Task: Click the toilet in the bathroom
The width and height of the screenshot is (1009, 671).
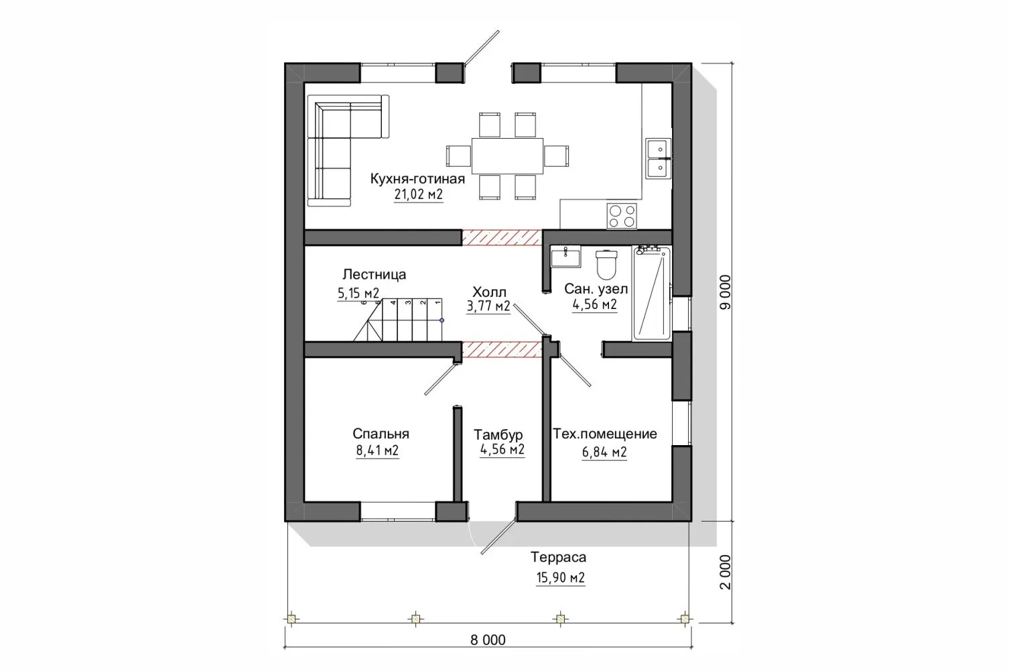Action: pyautogui.click(x=606, y=265)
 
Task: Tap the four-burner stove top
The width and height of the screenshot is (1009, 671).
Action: pyautogui.click(x=622, y=216)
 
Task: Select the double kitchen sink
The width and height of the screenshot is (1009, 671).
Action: pyautogui.click(x=658, y=159)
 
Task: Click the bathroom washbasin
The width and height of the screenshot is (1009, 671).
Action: pyautogui.click(x=565, y=257)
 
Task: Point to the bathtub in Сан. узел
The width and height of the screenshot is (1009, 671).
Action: pyautogui.click(x=651, y=293)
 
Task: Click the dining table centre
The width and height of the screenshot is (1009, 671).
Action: pyautogui.click(x=507, y=156)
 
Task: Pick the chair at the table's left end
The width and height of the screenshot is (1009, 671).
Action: pyautogui.click(x=459, y=156)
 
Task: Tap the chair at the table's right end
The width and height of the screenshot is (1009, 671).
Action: pyautogui.click(x=556, y=156)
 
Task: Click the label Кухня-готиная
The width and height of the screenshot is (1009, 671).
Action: pyautogui.click(x=417, y=179)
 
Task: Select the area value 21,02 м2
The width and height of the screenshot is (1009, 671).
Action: pyautogui.click(x=419, y=194)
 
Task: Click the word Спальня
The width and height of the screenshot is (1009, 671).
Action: pyautogui.click(x=381, y=434)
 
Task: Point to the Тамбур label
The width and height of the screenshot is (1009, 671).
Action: pyautogui.click(x=498, y=435)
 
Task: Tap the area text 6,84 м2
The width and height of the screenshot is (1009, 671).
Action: pyautogui.click(x=604, y=452)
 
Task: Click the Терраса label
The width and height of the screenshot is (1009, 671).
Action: pyautogui.click(x=558, y=558)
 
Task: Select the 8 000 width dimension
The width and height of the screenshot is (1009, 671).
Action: pyautogui.click(x=488, y=640)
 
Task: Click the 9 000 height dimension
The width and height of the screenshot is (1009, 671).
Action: pyautogui.click(x=725, y=292)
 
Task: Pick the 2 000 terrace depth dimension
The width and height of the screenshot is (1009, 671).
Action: pyautogui.click(x=725, y=572)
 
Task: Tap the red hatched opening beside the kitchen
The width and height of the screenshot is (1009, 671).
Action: pyautogui.click(x=502, y=238)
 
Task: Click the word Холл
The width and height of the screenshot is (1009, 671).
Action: pyautogui.click(x=489, y=292)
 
